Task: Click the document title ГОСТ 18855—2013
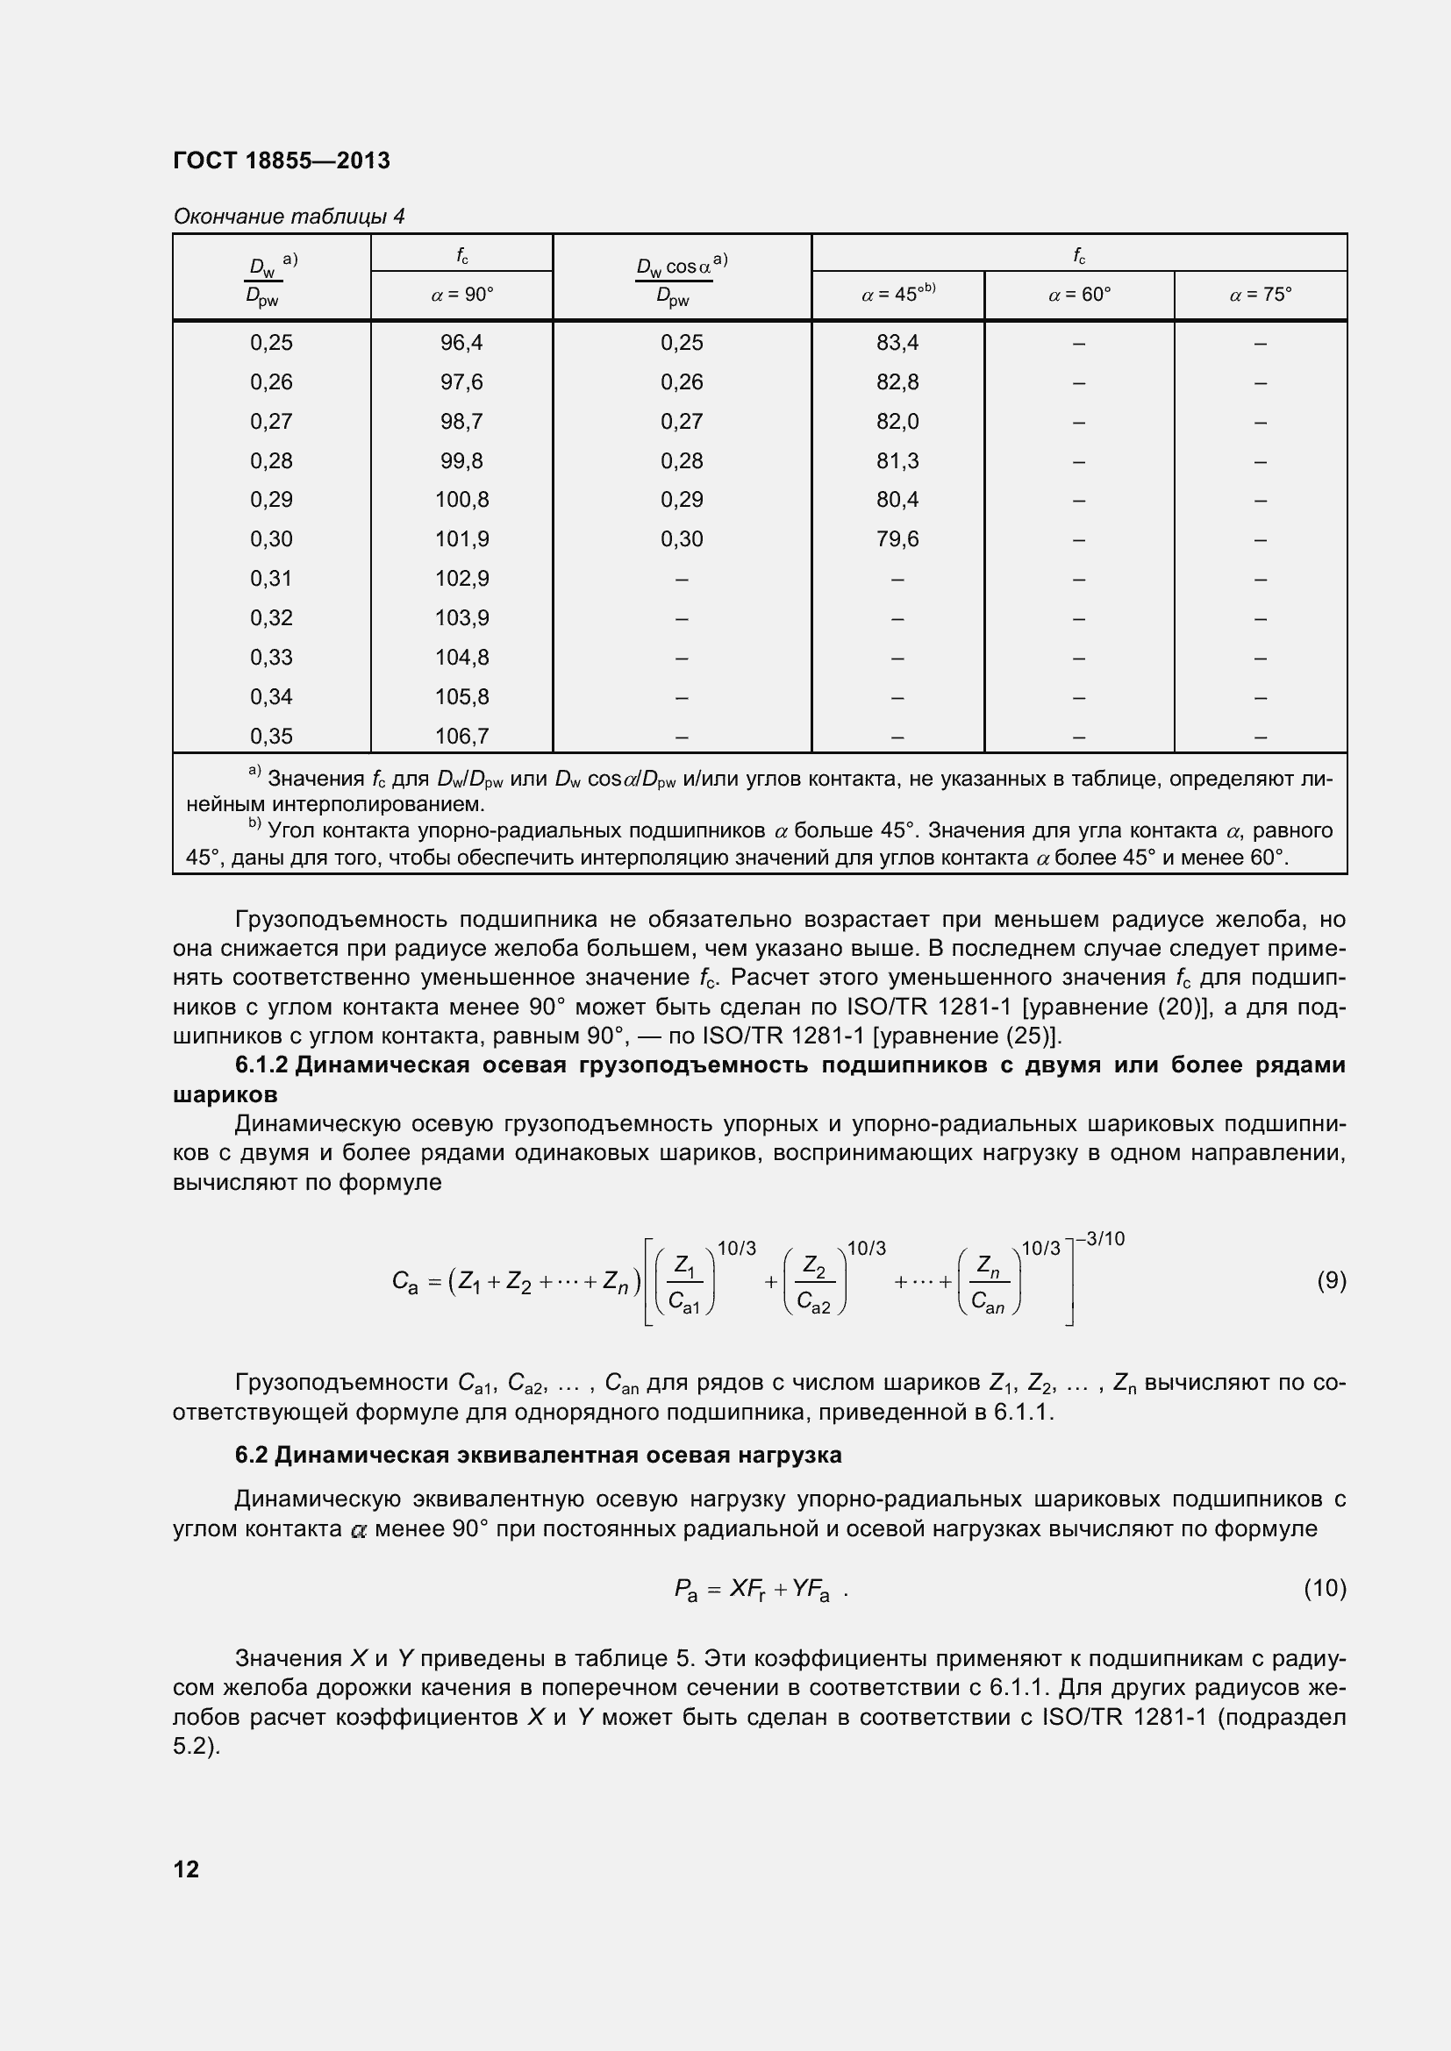point(282,160)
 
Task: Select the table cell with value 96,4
point(461,343)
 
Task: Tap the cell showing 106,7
point(461,736)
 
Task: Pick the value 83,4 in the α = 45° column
point(897,343)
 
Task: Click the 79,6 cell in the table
point(897,539)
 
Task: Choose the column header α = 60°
point(1078,295)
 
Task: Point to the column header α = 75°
point(1260,295)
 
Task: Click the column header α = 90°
point(461,295)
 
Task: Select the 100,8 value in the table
point(461,500)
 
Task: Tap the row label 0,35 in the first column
point(271,736)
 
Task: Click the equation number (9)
point(1332,1281)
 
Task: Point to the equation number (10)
point(1325,1588)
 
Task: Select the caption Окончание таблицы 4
point(289,217)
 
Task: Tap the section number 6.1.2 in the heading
point(261,1065)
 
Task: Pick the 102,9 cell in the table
point(461,579)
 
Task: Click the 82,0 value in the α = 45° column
point(897,422)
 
